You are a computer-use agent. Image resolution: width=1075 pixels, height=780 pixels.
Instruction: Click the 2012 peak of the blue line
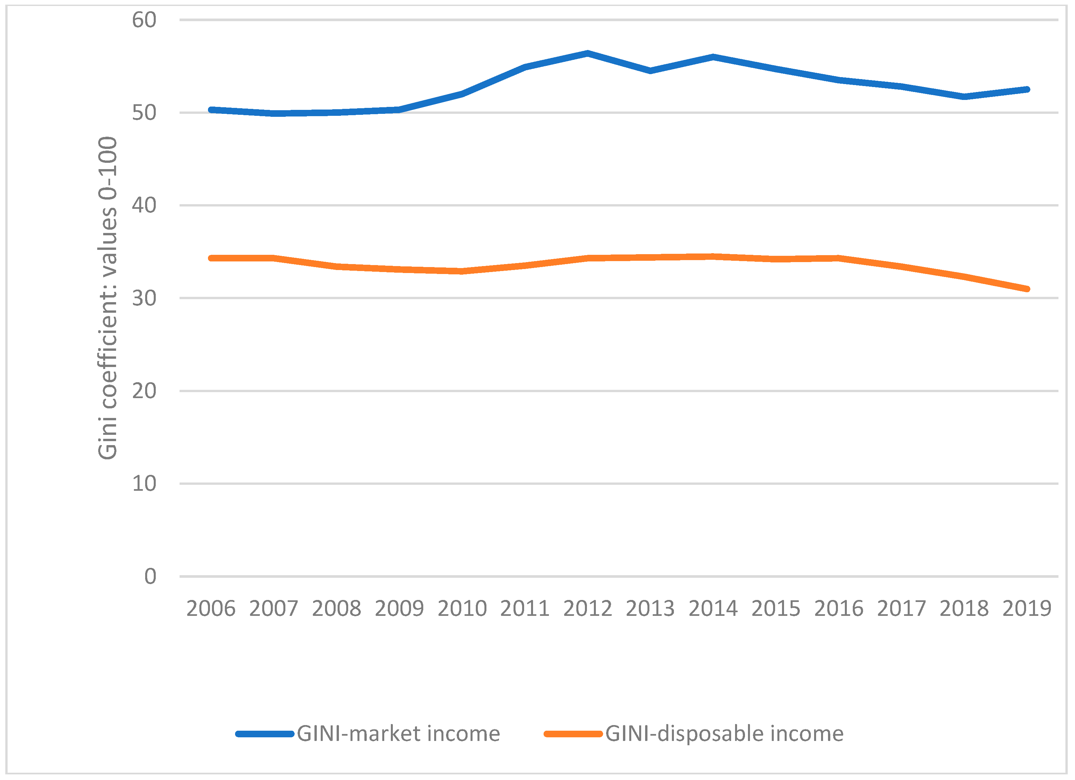pyautogui.click(x=588, y=54)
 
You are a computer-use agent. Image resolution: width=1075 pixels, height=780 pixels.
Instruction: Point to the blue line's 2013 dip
pyautogui.click(x=650, y=71)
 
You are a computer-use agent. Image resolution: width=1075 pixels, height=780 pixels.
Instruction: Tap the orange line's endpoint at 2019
pyautogui.click(x=1027, y=289)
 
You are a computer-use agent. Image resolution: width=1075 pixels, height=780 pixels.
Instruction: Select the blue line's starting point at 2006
pyautogui.click(x=211, y=110)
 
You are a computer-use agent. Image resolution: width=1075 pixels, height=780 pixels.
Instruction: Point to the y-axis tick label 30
pyautogui.click(x=144, y=298)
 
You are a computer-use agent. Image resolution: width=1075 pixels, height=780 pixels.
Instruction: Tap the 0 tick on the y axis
pyautogui.click(x=150, y=576)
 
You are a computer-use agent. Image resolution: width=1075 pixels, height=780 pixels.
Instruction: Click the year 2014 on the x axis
pyautogui.click(x=713, y=609)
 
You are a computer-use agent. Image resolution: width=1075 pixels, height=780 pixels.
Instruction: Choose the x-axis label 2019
pyautogui.click(x=1027, y=609)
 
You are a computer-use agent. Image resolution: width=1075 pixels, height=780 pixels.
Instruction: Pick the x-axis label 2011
pyautogui.click(x=525, y=609)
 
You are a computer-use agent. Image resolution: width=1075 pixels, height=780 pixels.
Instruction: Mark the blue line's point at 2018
pyautogui.click(x=964, y=97)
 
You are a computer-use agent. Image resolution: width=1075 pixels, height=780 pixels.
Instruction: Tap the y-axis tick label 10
pyautogui.click(x=144, y=484)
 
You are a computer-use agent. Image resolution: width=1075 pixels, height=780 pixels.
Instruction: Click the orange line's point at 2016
pyautogui.click(x=839, y=258)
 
